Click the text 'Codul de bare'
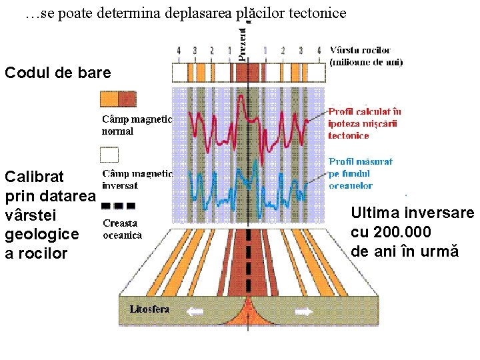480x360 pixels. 57,73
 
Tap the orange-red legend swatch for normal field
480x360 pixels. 117,99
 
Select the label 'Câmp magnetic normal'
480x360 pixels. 136,125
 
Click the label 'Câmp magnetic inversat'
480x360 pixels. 136,179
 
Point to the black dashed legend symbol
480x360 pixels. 117,205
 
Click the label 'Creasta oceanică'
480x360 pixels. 122,229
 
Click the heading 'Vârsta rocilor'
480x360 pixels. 360,50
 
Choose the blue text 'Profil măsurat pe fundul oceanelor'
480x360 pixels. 359,173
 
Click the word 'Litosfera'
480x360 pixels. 149,309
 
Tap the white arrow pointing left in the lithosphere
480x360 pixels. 195,311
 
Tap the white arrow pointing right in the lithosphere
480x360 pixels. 303,311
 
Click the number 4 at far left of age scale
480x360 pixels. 179,50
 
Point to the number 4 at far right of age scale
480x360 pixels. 319,50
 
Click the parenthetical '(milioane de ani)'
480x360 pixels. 366,62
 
